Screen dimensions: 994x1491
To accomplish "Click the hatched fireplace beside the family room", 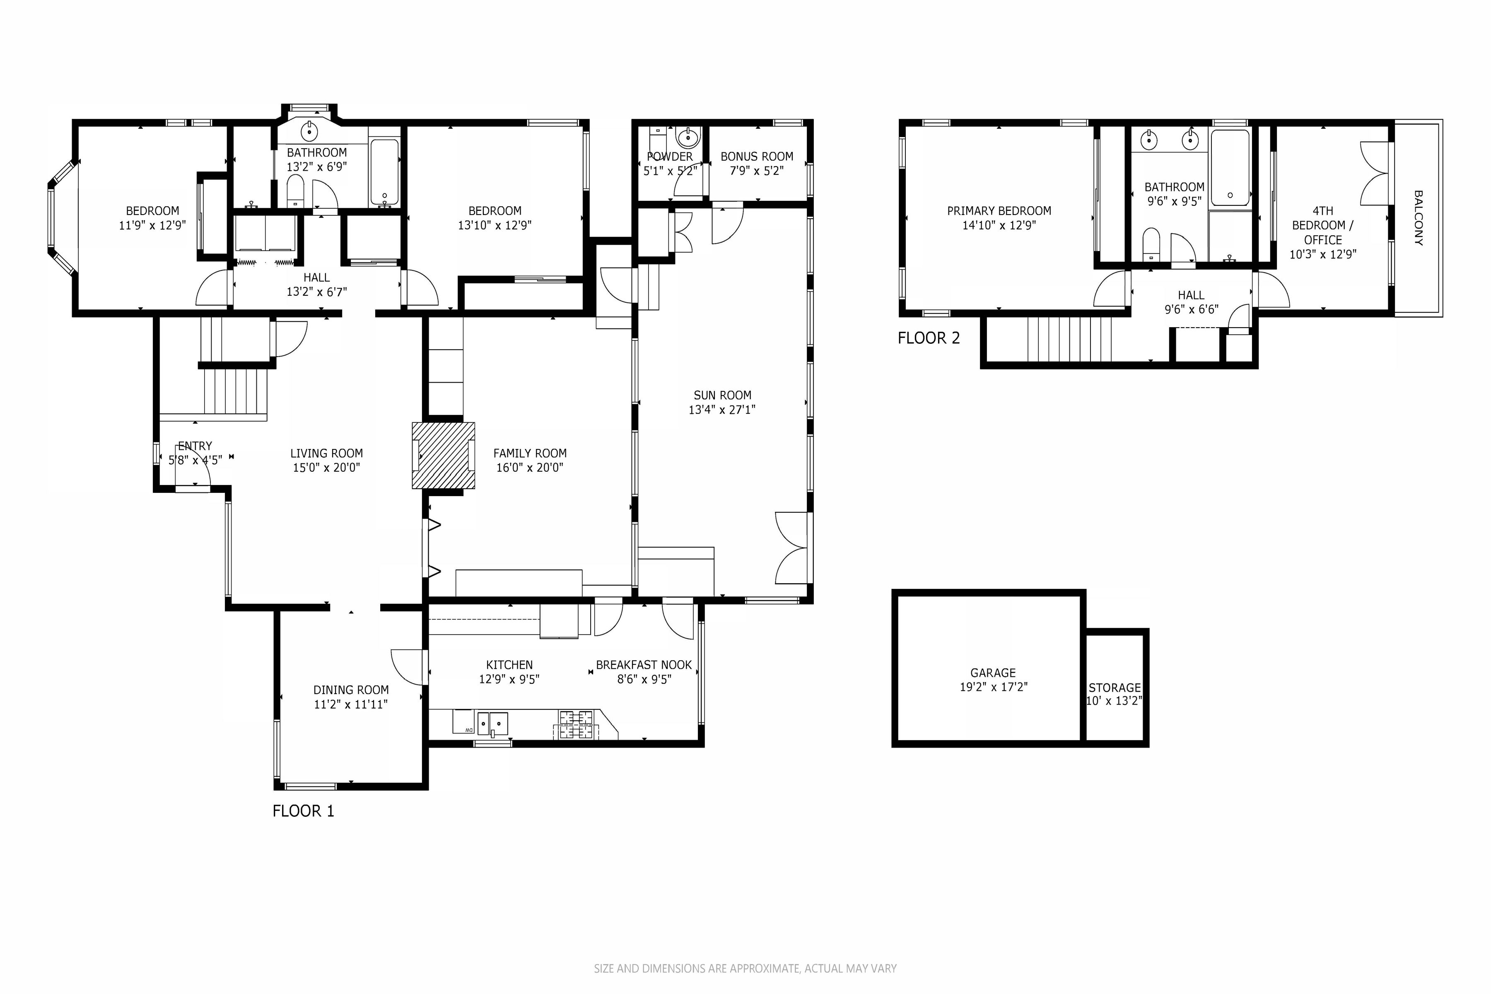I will click(x=443, y=455).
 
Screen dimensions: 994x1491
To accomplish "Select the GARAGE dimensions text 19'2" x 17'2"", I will click(x=993, y=687).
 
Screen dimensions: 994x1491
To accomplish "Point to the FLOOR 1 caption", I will click(x=303, y=811).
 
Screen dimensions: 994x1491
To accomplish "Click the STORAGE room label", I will click(x=1115, y=687).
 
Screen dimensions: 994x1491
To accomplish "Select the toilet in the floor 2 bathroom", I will click(x=1151, y=244).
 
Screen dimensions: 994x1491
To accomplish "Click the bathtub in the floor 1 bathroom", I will click(x=384, y=171).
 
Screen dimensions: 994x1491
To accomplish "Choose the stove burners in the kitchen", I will click(x=576, y=724).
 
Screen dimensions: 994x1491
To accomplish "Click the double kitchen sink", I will click(x=492, y=723).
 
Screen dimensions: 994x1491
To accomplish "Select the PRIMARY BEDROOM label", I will click(x=999, y=210).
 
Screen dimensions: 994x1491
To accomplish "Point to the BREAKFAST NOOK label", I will click(x=644, y=665).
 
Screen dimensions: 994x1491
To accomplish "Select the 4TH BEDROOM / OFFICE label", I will click(x=1322, y=225).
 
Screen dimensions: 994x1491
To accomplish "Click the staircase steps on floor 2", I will click(x=1069, y=339).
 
